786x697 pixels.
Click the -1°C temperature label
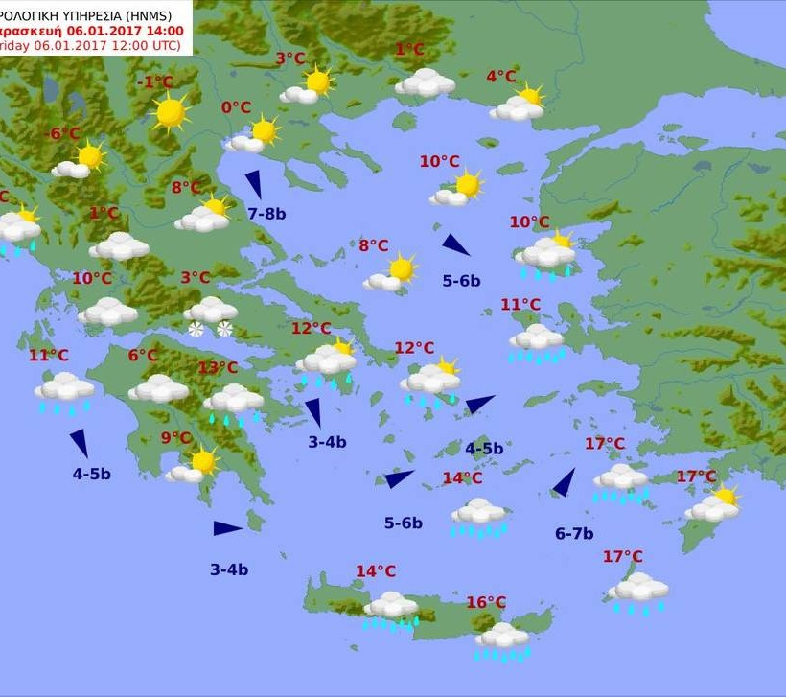155,82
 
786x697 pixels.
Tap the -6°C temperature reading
63,133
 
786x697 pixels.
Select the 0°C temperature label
236,107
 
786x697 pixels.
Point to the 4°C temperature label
500,77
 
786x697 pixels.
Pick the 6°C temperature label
143,356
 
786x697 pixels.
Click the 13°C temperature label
218,368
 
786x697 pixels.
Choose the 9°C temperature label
176,438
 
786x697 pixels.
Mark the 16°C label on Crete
486,602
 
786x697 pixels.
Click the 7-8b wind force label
266,214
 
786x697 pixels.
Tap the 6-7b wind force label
574,534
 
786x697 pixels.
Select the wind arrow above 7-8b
254,183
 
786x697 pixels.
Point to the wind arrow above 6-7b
565,482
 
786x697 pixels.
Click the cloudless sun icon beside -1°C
171,112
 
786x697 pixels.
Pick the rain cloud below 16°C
502,639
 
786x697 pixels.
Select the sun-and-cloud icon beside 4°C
519,104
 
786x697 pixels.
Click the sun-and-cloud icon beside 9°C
194,467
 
